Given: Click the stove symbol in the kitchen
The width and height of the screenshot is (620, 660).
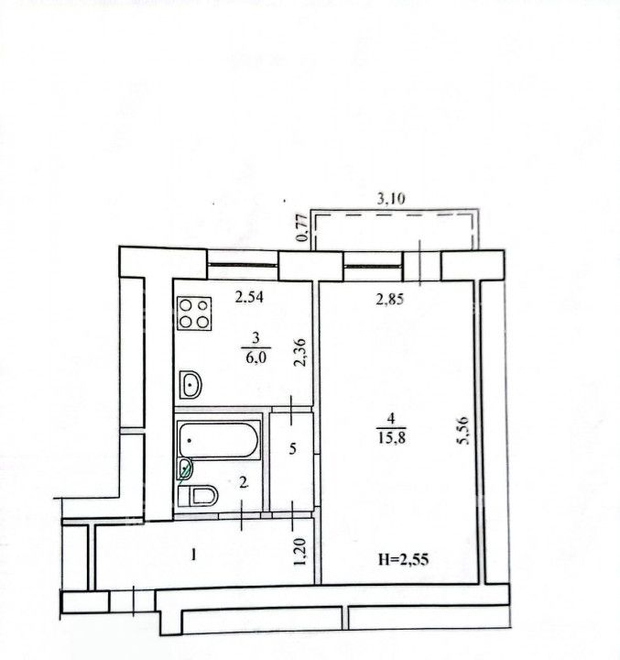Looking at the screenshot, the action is pyautogui.click(x=194, y=313).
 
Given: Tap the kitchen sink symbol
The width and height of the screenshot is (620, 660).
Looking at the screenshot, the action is pyautogui.click(x=190, y=384).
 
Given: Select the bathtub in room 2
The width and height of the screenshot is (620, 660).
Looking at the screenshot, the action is pyautogui.click(x=218, y=440).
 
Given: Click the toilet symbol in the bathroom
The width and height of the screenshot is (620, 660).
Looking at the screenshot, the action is pyautogui.click(x=198, y=495).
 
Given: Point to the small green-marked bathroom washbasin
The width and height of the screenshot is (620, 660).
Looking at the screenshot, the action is pyautogui.click(x=186, y=467).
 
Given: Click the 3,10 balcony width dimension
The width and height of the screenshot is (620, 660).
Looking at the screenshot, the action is pyautogui.click(x=391, y=198).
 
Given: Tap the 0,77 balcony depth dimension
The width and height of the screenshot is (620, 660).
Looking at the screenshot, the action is pyautogui.click(x=300, y=227).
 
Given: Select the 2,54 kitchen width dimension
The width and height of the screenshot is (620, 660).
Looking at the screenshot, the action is pyautogui.click(x=249, y=297).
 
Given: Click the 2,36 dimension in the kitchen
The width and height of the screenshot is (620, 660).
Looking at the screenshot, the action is pyautogui.click(x=300, y=353).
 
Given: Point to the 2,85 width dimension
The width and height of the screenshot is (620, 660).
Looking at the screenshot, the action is pyautogui.click(x=389, y=299).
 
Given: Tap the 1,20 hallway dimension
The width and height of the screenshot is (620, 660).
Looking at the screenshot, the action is pyautogui.click(x=299, y=552).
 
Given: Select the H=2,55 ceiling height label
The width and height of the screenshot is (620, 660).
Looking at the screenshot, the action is pyautogui.click(x=403, y=559).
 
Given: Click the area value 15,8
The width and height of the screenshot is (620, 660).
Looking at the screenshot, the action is pyautogui.click(x=392, y=438).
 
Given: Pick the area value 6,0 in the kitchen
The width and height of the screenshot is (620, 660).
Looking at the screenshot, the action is pyautogui.click(x=256, y=357).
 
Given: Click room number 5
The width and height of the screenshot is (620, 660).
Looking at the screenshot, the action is pyautogui.click(x=293, y=448).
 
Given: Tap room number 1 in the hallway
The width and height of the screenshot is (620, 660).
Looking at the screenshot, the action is pyautogui.click(x=193, y=555).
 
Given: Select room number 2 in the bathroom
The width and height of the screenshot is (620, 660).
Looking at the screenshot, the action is pyautogui.click(x=243, y=483).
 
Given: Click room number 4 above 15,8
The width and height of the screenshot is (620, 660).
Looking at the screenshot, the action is pyautogui.click(x=392, y=418).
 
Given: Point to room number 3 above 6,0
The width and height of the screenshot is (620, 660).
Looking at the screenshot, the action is pyautogui.click(x=256, y=337).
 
